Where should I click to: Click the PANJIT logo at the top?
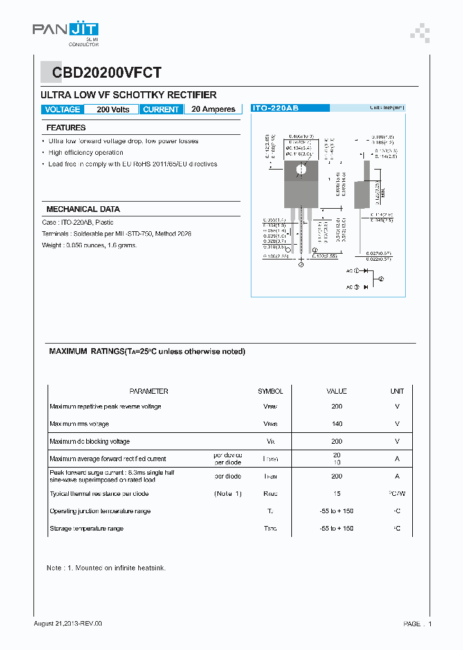65,30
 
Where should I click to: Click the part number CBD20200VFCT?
102,73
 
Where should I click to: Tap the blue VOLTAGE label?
62,109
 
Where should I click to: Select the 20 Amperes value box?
213,109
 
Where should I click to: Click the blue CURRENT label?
161,109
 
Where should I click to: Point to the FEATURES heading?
66,128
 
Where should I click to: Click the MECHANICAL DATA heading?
83,209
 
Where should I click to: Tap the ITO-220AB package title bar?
275,109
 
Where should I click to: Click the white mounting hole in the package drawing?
300,170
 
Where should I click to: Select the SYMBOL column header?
270,391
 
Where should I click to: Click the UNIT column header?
397,391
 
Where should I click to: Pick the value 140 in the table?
336,424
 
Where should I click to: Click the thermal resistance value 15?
336,494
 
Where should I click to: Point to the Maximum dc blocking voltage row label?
89,441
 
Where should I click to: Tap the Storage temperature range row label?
86,529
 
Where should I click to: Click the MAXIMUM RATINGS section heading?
147,352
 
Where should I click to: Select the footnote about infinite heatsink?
106,568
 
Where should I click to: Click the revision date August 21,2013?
68,624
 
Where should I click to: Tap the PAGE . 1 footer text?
417,624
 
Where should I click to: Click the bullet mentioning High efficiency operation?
86,153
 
